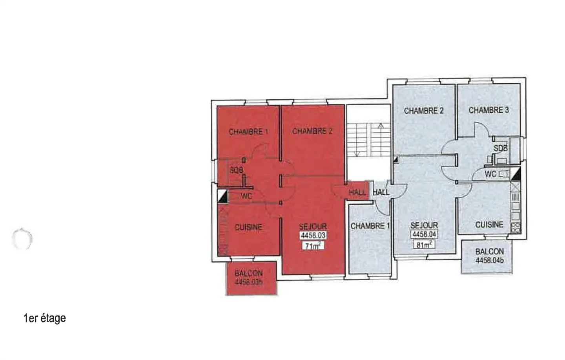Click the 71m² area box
(312, 246)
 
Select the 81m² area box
(424, 245)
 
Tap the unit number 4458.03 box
(313, 236)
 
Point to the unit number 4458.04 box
(424, 234)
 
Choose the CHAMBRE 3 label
(488, 110)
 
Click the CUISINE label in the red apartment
(248, 227)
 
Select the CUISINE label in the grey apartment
(489, 225)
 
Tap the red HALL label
(357, 192)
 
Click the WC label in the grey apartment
(490, 174)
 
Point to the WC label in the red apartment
(246, 196)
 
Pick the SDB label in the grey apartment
(500, 148)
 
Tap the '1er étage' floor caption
(45, 318)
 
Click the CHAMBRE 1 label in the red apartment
(248, 132)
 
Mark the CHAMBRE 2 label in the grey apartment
(423, 111)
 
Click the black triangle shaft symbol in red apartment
(222, 196)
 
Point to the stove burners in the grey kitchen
(516, 227)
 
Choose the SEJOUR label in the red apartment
(313, 227)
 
